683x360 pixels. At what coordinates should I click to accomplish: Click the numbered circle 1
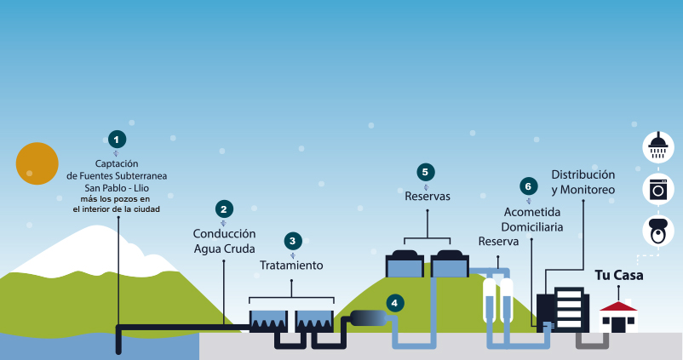point(118,139)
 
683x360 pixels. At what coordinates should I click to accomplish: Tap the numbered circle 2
point(223,209)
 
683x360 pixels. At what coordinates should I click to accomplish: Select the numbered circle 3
point(292,241)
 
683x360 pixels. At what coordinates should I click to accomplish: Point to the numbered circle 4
point(393,302)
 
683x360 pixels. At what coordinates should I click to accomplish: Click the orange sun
point(37,163)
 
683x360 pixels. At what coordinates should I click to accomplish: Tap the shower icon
point(657,146)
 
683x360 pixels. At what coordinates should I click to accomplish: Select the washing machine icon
point(657,188)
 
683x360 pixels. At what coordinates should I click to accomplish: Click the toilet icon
point(657,230)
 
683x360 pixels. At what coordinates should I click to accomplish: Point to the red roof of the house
point(618,305)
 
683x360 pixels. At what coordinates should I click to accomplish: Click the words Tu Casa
point(618,276)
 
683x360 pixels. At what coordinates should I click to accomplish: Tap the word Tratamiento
point(292,266)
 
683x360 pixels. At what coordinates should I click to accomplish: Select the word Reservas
point(427,197)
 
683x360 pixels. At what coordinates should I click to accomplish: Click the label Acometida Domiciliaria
point(533,220)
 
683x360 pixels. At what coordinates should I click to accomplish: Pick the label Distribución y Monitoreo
point(583,181)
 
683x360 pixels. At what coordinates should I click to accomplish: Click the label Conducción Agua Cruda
point(224,241)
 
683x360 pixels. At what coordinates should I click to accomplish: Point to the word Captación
point(117,163)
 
